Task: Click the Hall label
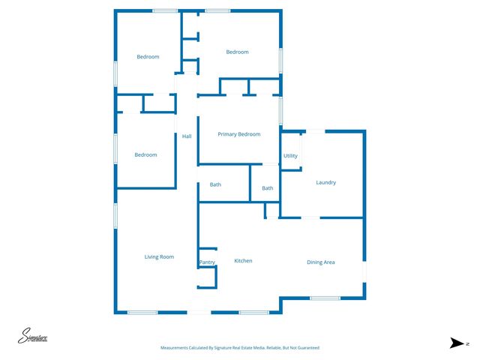click(x=187, y=136)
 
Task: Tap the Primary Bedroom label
click(x=238, y=134)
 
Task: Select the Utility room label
click(x=290, y=156)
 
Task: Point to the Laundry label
click(x=325, y=182)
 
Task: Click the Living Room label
click(x=159, y=257)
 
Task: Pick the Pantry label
click(x=207, y=262)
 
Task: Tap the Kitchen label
click(x=243, y=261)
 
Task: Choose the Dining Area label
click(x=320, y=262)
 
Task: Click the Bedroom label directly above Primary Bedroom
click(x=237, y=52)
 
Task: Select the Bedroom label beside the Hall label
click(x=145, y=155)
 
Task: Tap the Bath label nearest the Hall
click(x=215, y=184)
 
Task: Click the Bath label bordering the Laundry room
click(x=267, y=188)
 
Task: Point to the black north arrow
click(x=456, y=343)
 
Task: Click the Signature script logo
click(x=33, y=337)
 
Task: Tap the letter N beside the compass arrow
click(x=467, y=343)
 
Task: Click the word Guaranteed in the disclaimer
click(x=305, y=348)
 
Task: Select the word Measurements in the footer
click(x=175, y=348)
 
